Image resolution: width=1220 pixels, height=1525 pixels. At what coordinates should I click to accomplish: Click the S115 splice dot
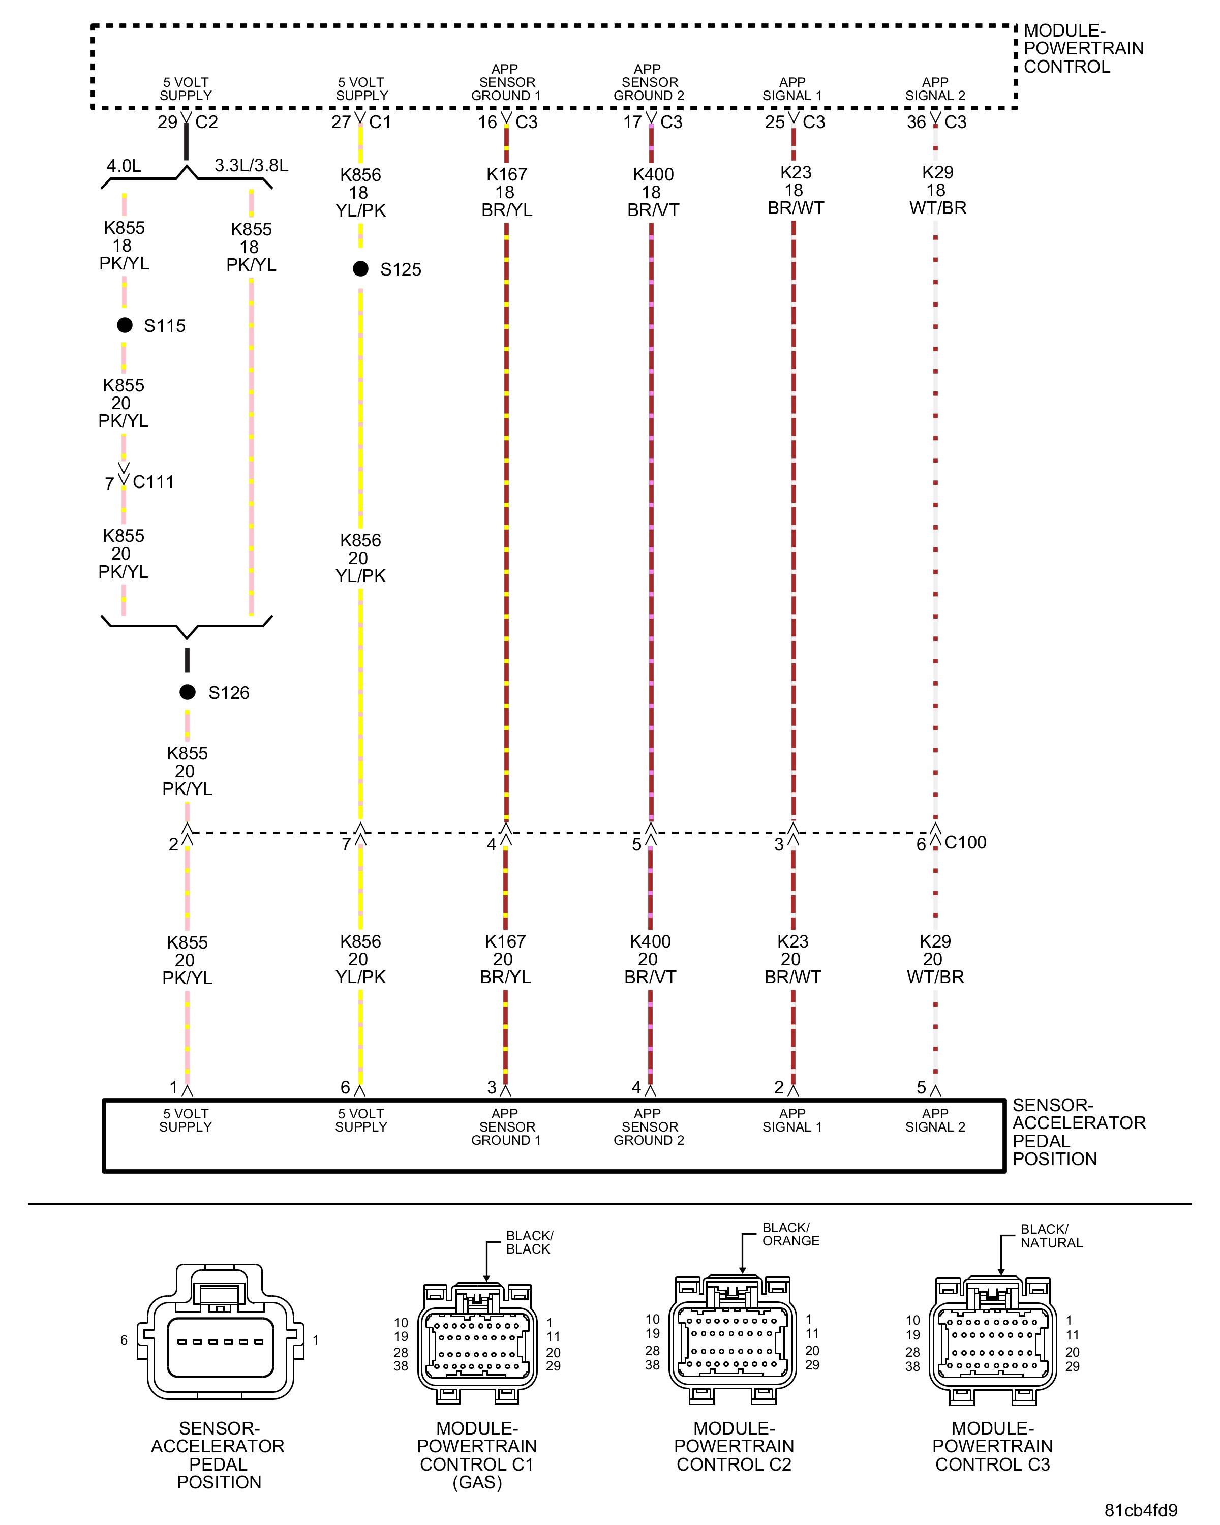coord(125,325)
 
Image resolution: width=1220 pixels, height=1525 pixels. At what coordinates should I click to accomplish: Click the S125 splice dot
coord(361,269)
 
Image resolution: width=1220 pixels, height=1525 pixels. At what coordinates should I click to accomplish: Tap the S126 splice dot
coord(188,692)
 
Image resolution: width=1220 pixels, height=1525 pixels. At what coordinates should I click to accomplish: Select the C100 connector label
coord(965,842)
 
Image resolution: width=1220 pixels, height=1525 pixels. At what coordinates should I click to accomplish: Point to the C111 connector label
coord(153,482)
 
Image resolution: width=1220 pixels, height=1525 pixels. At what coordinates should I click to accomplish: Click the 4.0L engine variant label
coord(124,166)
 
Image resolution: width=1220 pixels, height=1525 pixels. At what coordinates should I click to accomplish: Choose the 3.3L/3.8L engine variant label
coord(251,166)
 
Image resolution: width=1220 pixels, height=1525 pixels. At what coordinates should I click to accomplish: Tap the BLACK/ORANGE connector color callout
coord(790,1234)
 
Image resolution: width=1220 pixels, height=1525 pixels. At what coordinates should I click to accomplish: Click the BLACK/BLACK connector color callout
coord(529,1242)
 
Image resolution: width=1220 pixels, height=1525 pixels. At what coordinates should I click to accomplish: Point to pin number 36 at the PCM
coord(916,123)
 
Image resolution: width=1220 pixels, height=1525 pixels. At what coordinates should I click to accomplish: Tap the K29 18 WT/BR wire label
coord(937,190)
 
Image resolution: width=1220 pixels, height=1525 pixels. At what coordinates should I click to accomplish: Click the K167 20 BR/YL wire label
coord(505,959)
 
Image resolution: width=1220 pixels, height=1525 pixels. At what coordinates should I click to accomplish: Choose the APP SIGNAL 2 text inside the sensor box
coord(935,1120)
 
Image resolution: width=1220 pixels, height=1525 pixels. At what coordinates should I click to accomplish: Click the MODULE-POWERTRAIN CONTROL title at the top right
coord(1083,49)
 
